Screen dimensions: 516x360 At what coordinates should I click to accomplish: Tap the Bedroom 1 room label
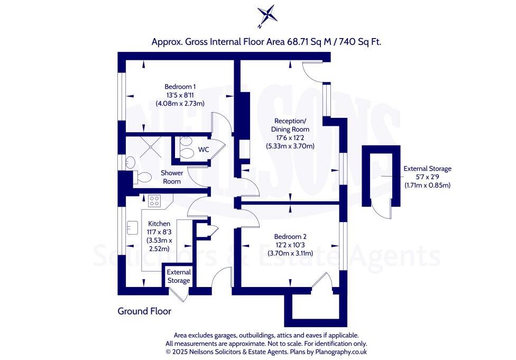tap(180, 87)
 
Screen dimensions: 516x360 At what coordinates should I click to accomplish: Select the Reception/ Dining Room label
tap(290, 125)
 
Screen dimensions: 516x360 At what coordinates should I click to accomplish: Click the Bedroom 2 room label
tap(290, 237)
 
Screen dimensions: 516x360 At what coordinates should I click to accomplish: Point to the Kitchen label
tap(159, 224)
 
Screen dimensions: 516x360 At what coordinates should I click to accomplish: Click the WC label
tap(204, 150)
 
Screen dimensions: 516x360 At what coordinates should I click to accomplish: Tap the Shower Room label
tap(172, 177)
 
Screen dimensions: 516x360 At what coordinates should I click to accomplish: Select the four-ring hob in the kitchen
tap(154, 201)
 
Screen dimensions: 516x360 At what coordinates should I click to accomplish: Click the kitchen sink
tap(132, 227)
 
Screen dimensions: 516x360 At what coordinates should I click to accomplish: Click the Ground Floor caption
tap(144, 311)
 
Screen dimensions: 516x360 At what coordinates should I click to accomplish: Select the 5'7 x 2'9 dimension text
tap(427, 177)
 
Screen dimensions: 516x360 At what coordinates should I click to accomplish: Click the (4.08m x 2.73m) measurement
tap(180, 103)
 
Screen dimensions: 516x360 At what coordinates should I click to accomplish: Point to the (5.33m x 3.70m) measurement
tap(290, 146)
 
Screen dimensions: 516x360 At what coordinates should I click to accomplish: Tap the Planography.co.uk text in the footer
tap(341, 352)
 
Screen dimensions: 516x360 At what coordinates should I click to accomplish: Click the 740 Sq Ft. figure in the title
tap(360, 42)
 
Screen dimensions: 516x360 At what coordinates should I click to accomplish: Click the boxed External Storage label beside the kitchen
tap(179, 276)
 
